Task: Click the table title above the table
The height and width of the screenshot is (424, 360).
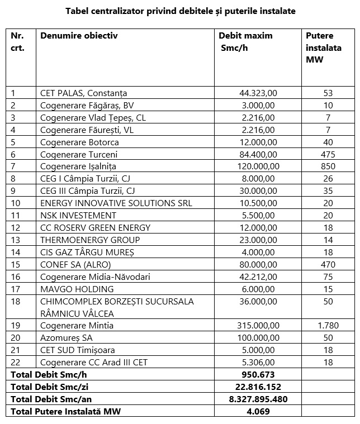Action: [x=180, y=11]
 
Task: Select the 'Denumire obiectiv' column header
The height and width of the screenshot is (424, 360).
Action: [x=79, y=36]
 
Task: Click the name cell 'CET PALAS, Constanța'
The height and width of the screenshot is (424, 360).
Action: [x=84, y=93]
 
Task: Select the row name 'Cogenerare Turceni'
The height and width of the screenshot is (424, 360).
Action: [x=79, y=154]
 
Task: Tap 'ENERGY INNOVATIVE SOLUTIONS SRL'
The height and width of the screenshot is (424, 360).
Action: [x=116, y=203]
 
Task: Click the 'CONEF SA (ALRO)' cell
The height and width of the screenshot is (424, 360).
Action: [x=74, y=265]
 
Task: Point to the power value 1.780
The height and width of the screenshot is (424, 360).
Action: [x=328, y=326]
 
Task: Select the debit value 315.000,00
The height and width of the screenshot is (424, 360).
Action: [x=255, y=326]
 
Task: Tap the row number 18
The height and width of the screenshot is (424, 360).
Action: [x=16, y=301]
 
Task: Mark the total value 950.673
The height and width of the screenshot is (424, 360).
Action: [x=258, y=375]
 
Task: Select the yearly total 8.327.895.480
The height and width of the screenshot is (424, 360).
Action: [x=258, y=399]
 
